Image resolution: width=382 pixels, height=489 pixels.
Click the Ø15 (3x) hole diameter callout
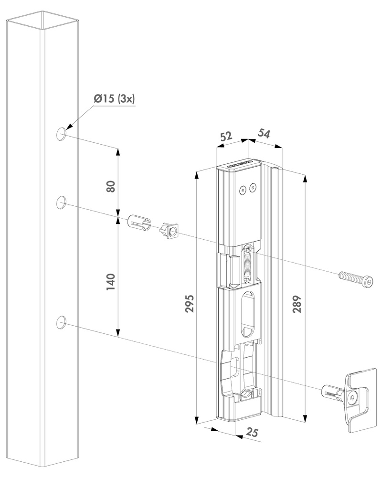point(115,99)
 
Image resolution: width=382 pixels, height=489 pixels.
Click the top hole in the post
point(62,134)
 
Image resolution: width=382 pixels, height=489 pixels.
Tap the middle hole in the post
point(62,202)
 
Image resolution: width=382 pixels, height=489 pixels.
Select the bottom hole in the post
point(62,323)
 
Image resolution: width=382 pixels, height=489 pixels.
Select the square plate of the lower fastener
point(360,400)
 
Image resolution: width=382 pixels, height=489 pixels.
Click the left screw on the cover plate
point(244,190)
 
